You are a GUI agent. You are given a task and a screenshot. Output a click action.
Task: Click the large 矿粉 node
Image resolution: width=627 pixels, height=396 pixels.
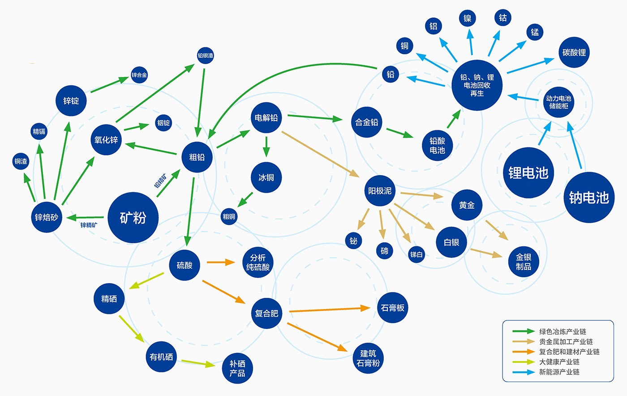pyautogui.click(x=133, y=218)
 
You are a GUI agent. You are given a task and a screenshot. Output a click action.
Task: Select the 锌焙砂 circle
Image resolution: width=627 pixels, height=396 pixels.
pyautogui.click(x=47, y=217)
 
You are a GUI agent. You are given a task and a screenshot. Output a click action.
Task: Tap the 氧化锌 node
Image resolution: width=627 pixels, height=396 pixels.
pyautogui.click(x=106, y=140)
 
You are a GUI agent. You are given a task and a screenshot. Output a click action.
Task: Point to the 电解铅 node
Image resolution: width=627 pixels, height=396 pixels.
pyautogui.click(x=266, y=118)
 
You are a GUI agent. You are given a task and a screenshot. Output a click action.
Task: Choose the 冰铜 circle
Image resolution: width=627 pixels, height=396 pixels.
pyautogui.click(x=266, y=177)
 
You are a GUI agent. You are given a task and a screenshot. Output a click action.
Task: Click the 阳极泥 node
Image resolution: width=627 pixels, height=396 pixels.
pyautogui.click(x=380, y=191)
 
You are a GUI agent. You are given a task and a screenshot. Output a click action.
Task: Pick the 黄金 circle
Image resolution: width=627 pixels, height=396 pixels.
pyautogui.click(x=467, y=205)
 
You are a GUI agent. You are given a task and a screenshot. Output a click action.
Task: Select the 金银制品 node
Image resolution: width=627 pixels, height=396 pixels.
pyautogui.click(x=523, y=262)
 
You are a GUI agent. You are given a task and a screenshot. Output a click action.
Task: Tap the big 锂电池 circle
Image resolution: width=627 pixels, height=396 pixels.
pyautogui.click(x=528, y=173)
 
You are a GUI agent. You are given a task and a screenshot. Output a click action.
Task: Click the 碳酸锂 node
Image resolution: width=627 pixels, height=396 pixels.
pyautogui.click(x=574, y=52)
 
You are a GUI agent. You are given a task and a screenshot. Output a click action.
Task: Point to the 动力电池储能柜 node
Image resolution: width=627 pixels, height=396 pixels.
pyautogui.click(x=558, y=102)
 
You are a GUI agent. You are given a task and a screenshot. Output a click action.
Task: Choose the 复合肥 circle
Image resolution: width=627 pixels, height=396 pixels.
pyautogui.click(x=266, y=313)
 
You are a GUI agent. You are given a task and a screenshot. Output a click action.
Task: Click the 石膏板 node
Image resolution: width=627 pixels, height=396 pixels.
pyautogui.click(x=392, y=308)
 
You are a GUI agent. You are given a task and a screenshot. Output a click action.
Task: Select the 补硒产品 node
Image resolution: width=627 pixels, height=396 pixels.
pyautogui.click(x=237, y=368)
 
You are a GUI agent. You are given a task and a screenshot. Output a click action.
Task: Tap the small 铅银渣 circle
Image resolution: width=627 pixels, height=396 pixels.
pyautogui.click(x=205, y=56)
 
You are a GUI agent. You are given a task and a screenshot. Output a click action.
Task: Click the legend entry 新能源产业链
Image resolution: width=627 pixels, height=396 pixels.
pyautogui.click(x=559, y=372)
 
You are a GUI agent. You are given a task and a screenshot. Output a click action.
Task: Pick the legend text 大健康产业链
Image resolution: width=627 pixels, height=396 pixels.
pyautogui.click(x=559, y=362)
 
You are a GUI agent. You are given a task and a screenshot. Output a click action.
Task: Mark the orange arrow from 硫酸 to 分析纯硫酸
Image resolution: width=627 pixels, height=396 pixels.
pyautogui.click(x=220, y=262)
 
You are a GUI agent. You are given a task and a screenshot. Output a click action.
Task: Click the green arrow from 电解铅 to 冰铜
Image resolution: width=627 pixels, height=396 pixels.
pyautogui.click(x=266, y=146)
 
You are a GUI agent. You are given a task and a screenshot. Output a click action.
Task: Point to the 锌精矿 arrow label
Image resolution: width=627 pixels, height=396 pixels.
pyautogui.click(x=89, y=225)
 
